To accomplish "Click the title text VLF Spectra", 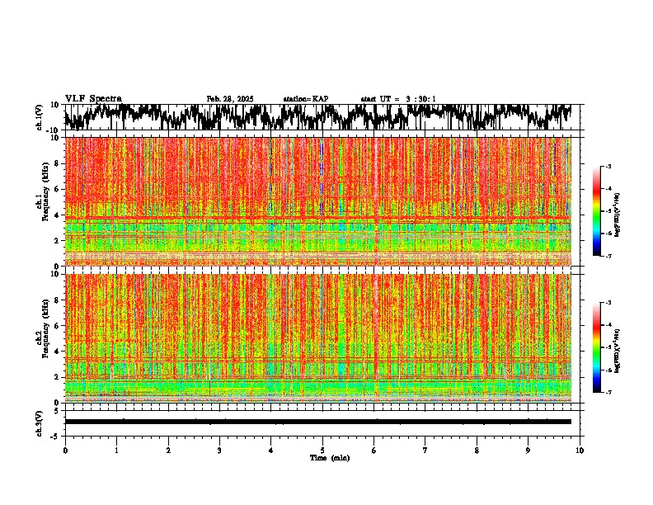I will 93,99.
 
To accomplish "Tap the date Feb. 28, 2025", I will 229,99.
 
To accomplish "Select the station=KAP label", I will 305,99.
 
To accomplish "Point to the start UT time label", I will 398,99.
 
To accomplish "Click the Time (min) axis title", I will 330,457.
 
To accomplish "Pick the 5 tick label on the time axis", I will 322,450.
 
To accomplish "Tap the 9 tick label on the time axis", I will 529,450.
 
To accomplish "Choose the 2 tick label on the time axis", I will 168,450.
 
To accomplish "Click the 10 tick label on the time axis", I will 580,450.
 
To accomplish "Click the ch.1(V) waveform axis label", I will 39,117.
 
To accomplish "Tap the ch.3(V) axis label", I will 39,422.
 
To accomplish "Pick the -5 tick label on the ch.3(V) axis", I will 54,435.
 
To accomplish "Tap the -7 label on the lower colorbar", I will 609,392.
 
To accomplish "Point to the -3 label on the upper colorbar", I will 609,167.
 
